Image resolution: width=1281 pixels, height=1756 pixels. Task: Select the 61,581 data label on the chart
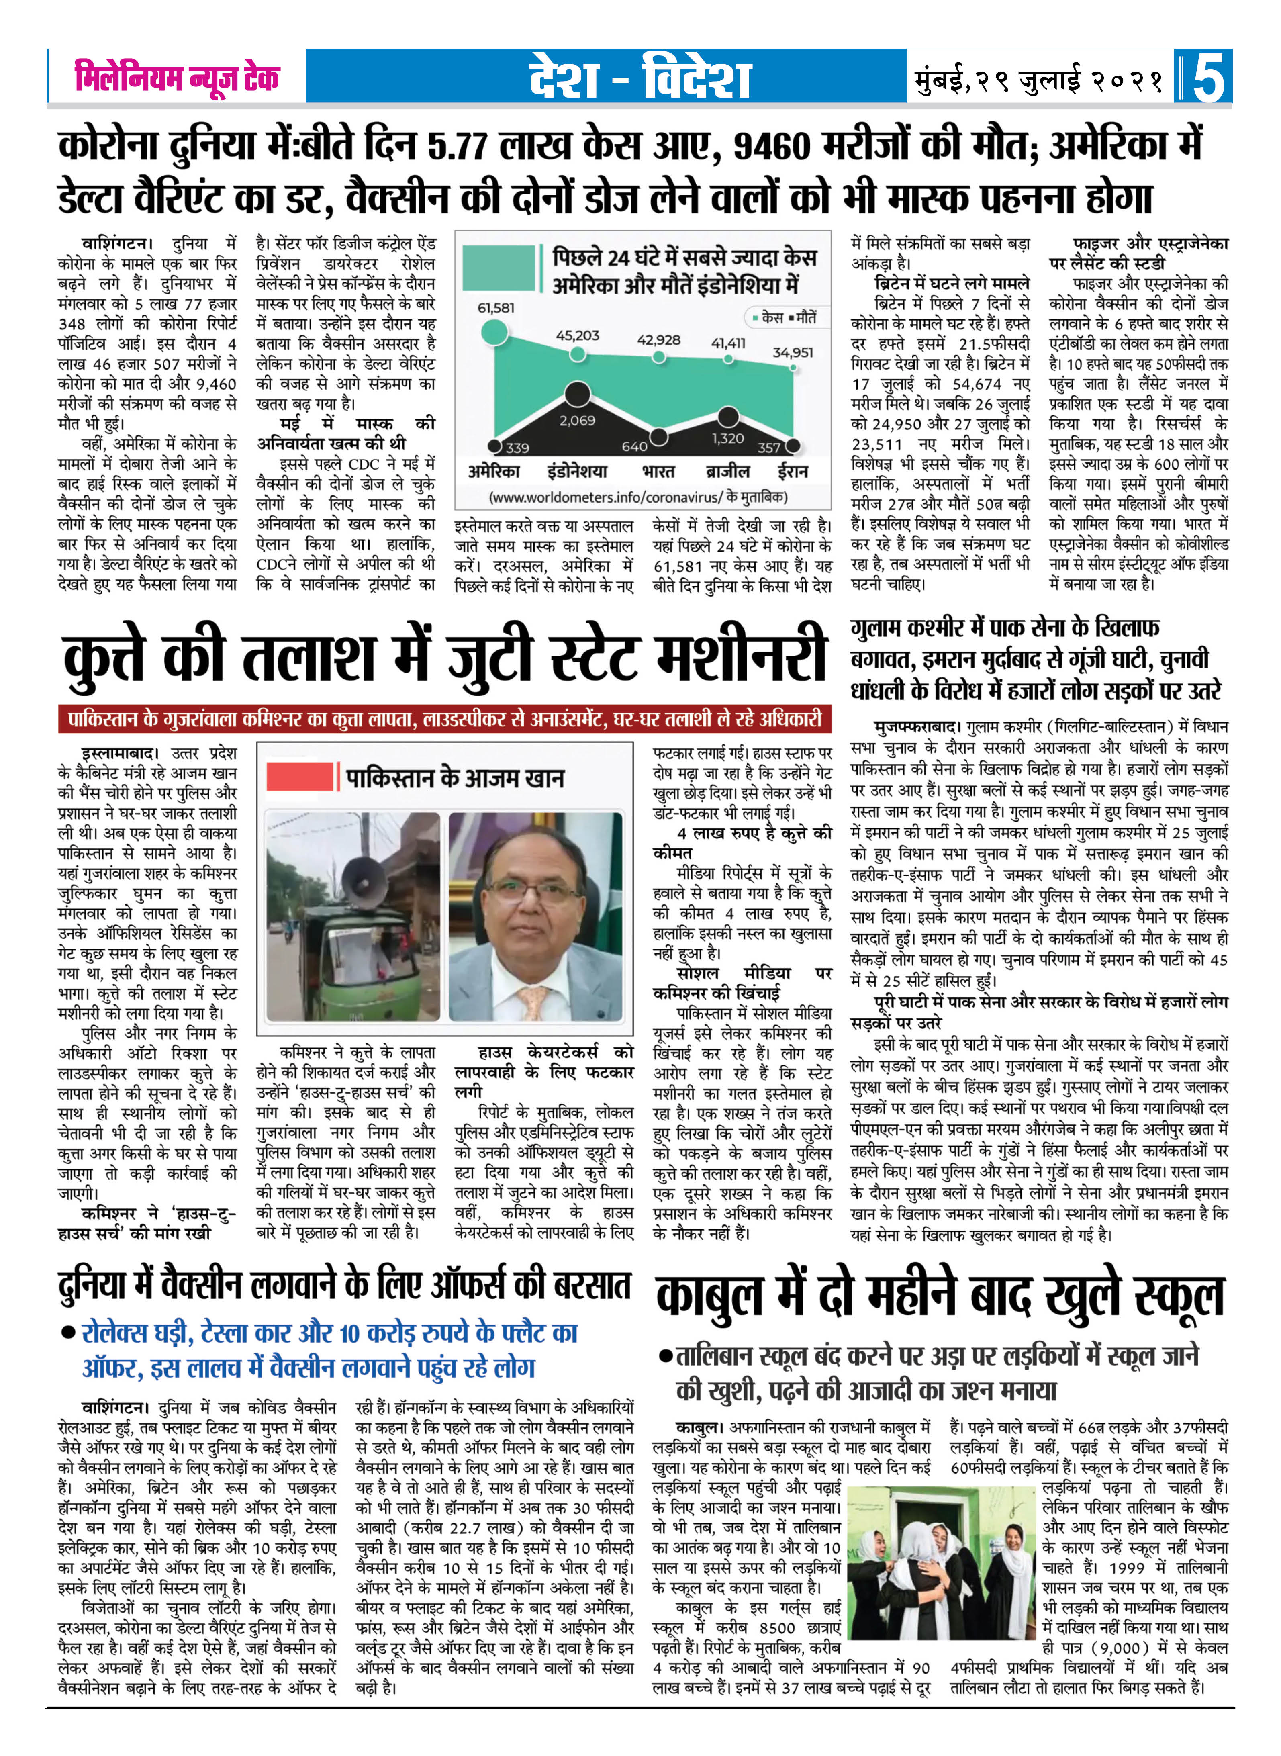[x=496, y=308]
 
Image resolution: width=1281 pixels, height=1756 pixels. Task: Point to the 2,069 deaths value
[x=577, y=420]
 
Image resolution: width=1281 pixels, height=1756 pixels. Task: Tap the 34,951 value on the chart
[x=793, y=352]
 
